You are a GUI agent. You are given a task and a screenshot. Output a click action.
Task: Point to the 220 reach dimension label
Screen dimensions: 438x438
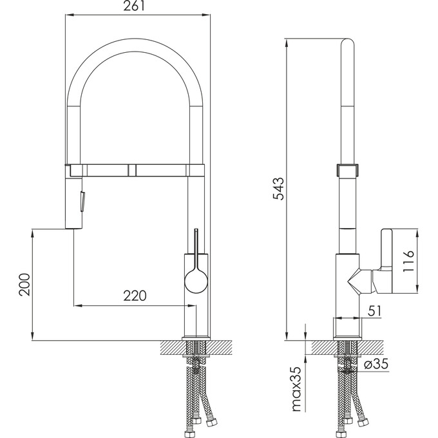[x=134, y=296]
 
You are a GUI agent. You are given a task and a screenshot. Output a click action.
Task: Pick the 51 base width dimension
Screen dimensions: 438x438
[x=374, y=311]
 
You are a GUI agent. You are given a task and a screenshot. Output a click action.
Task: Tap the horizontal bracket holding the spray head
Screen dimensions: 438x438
[x=135, y=169]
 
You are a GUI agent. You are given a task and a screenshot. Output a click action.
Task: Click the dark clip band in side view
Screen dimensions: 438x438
[x=347, y=171]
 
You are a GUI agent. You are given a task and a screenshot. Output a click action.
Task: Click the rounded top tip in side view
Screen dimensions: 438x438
[x=347, y=45]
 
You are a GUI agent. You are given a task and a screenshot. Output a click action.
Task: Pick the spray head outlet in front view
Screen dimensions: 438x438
[x=75, y=226]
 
